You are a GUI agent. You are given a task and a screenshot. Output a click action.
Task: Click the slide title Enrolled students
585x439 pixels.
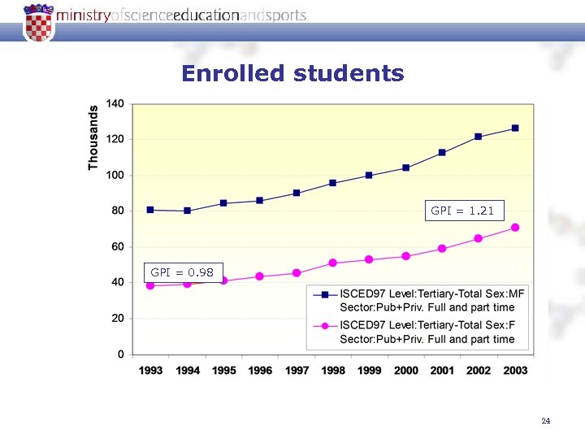coord(292,74)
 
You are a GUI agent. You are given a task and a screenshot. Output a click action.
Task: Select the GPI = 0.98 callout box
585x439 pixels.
coord(183,272)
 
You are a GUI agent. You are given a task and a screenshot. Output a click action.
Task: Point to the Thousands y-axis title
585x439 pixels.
coord(93,137)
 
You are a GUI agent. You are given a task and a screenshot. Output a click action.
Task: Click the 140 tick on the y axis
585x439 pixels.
coord(115,104)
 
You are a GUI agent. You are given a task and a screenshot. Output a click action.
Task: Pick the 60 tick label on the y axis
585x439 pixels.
coord(117,246)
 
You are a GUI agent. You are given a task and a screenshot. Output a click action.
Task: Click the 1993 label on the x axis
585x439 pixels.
coord(150,371)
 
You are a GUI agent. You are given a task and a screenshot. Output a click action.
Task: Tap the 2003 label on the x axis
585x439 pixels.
coord(515,371)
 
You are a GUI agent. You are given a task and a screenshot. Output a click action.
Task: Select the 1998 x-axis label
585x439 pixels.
coord(333,371)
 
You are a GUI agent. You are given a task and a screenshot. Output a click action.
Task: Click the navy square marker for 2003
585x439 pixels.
coord(515,128)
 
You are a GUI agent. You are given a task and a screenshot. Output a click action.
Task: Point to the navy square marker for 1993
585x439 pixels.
coord(150,210)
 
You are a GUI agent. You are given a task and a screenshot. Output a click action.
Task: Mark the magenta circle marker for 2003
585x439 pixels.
coord(515,228)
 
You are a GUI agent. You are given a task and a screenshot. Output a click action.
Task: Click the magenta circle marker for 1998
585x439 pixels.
coord(333,263)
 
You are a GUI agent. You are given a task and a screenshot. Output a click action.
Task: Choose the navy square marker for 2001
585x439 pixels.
coord(442,153)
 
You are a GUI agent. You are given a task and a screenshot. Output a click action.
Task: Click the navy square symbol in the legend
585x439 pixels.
coord(324,294)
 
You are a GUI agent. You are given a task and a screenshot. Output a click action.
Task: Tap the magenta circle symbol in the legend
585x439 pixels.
coord(324,326)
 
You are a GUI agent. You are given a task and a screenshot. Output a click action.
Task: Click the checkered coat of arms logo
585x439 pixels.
coord(38,22)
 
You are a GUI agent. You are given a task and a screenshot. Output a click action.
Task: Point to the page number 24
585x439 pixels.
coord(545,421)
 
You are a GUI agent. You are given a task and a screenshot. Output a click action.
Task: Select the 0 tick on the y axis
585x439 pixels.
coord(121,354)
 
